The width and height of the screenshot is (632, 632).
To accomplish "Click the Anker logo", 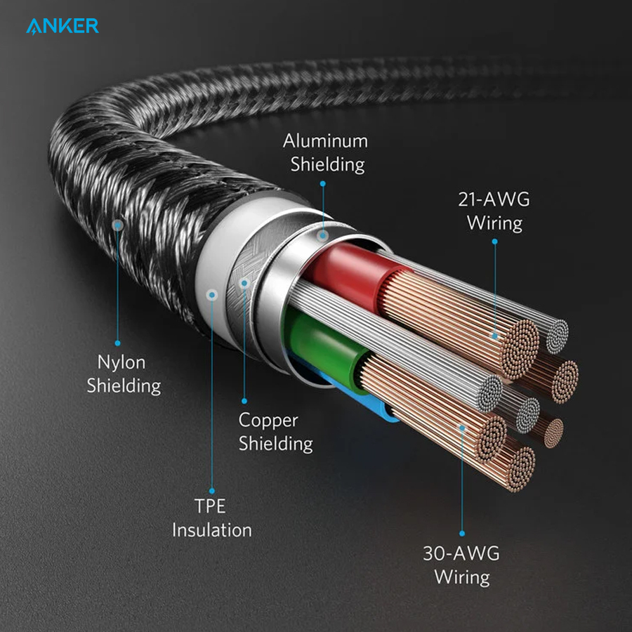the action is point(62,27).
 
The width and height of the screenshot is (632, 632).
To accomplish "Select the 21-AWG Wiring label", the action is point(494,211).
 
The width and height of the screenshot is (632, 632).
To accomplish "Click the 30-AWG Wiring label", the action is point(461,565).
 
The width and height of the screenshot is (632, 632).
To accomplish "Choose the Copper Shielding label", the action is point(275,432).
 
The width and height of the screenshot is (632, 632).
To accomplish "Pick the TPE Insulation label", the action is point(211,518).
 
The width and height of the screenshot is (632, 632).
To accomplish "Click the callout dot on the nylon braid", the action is point(118,226).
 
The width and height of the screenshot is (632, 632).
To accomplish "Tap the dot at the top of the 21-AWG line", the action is point(494,242).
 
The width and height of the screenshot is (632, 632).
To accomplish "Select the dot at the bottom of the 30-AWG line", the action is point(462,533).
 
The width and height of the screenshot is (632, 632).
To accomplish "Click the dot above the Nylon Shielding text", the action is point(118,343).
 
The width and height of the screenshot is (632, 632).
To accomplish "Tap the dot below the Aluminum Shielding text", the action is point(322,183).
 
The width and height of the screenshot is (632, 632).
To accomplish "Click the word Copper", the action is point(268,420).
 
